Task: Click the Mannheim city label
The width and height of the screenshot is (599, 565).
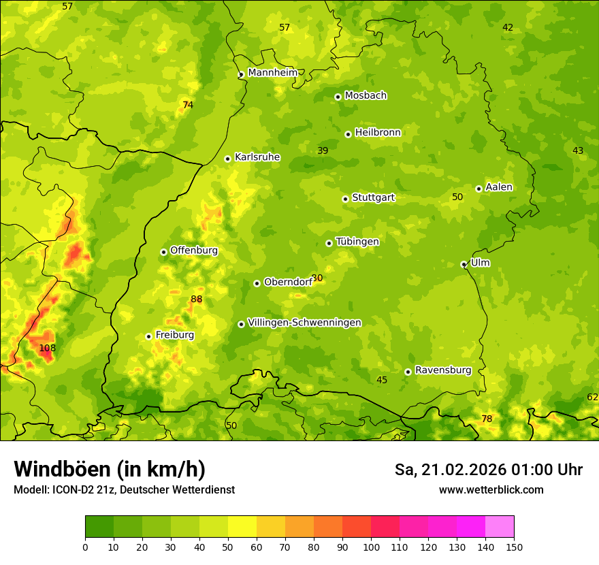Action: coord(272,72)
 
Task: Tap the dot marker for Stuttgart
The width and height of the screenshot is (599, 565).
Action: coord(346,199)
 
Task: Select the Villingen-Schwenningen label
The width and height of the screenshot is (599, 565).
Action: coord(304,323)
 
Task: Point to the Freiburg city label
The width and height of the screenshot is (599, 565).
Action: coord(174,335)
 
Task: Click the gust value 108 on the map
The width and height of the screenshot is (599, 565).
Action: coord(47,348)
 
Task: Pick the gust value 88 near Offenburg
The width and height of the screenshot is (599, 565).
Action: coord(197,299)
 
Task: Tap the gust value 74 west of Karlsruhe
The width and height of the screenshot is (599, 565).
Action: coord(188,105)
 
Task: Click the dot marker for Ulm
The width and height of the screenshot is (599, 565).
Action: coord(464,264)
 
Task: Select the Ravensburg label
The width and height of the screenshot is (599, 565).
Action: coord(442,370)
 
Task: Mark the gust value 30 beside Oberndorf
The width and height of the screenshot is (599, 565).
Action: coord(317,278)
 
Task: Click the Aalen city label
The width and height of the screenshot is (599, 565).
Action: coord(499,187)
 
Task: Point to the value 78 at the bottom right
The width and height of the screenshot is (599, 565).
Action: coord(487,419)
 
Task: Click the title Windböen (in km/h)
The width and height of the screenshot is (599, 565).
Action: coord(110,470)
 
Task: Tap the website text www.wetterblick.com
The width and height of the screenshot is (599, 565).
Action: coord(491,489)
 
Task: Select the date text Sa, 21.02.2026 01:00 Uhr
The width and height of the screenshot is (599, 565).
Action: coord(488,470)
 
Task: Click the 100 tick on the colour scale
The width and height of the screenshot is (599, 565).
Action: coord(371,547)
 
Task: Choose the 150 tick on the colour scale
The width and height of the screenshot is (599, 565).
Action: coord(514,547)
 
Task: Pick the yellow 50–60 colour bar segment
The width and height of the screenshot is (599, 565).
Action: coord(242,526)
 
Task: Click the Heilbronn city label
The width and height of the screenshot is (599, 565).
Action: coord(378,133)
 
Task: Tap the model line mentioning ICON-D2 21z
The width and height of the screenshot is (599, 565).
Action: coord(124,489)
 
